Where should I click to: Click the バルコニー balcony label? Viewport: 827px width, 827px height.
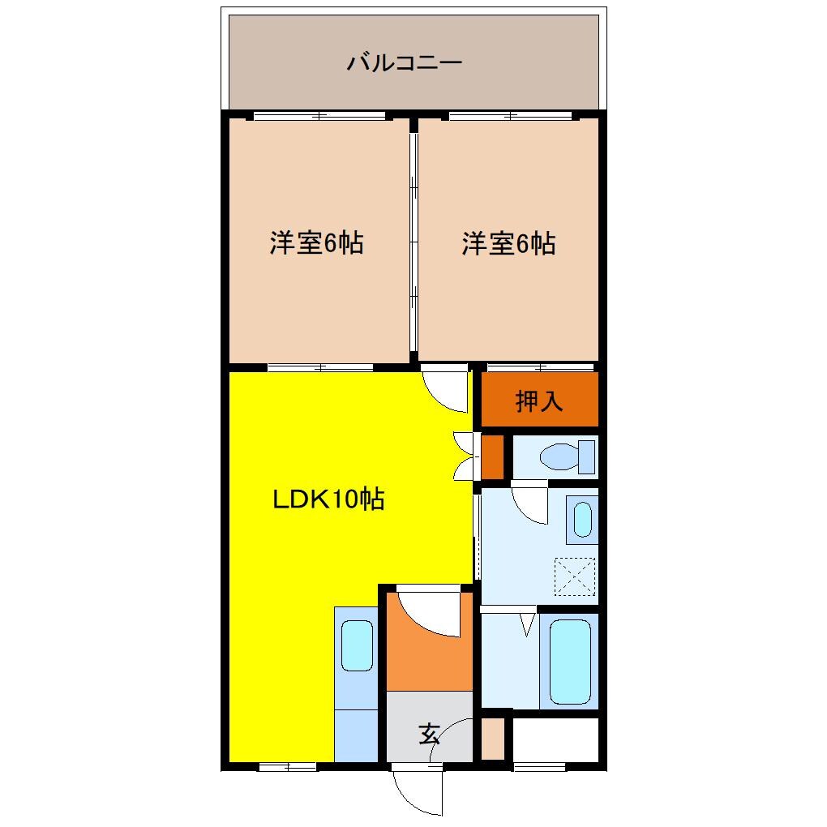pyautogui.click(x=405, y=62)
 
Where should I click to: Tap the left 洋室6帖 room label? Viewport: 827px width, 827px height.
pyautogui.click(x=316, y=243)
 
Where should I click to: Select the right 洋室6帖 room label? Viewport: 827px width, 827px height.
pyautogui.click(x=508, y=243)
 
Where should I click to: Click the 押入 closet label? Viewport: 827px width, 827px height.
pyautogui.click(x=539, y=401)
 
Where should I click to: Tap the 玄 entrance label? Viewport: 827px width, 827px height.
pyautogui.click(x=429, y=735)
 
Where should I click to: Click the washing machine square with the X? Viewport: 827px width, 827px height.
pyautogui.click(x=575, y=577)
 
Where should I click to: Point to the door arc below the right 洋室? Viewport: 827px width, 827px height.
pyautogui.click(x=447, y=390)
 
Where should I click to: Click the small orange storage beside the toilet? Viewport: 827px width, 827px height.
pyautogui.click(x=492, y=458)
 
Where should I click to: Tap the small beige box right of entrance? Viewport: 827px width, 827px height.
pyautogui.click(x=492, y=739)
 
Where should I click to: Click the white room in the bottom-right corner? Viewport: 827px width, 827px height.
pyautogui.click(x=555, y=739)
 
